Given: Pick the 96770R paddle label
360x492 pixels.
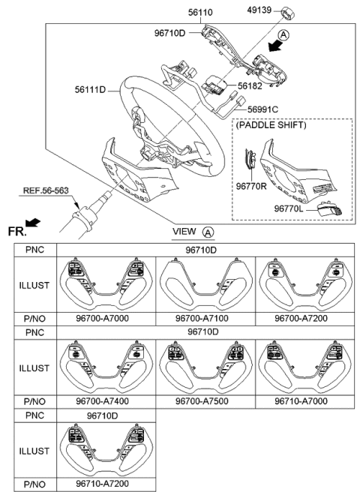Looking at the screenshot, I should pyautogui.click(x=253, y=184).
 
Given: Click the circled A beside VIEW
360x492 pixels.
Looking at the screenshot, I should pyautogui.click(x=208, y=232).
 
